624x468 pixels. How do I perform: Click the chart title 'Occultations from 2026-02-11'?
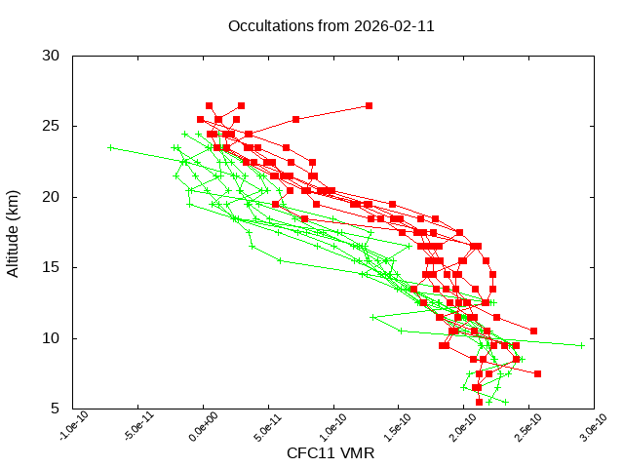pyautogui.click(x=331, y=26)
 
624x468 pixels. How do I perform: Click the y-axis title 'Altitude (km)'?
pyautogui.click(x=14, y=232)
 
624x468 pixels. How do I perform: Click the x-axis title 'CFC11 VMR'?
pyautogui.click(x=331, y=453)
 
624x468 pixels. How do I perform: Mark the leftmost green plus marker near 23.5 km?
pyautogui.click(x=111, y=148)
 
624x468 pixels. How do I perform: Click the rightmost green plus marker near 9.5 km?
pyautogui.click(x=581, y=345)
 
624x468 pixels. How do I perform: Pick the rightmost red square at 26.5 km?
pyautogui.click(x=369, y=105)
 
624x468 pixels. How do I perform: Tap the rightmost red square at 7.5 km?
pyautogui.click(x=537, y=373)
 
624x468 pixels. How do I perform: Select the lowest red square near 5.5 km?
pyautogui.click(x=479, y=402)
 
